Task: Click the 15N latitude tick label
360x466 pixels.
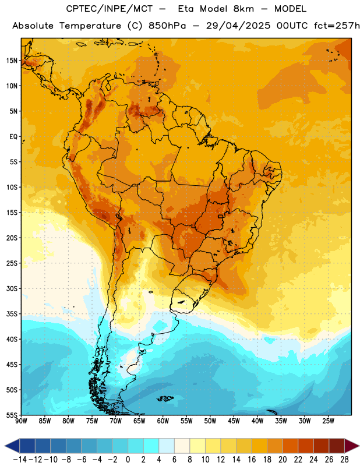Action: pyautogui.click(x=12, y=61)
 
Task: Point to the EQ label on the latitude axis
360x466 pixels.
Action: pyautogui.click(x=13, y=137)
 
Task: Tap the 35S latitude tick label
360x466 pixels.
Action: pyautogui.click(x=12, y=314)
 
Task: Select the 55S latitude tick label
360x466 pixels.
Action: pyautogui.click(x=12, y=415)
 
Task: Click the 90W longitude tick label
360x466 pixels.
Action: pyautogui.click(x=21, y=421)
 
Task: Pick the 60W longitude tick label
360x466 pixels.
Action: pyautogui.click(x=163, y=421)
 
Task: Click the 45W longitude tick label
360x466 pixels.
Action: pyautogui.click(x=234, y=421)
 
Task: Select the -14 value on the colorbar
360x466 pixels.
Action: pyautogui.click(x=20, y=460)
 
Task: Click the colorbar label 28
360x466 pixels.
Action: pyautogui.click(x=344, y=460)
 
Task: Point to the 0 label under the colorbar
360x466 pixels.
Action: pyautogui.click(x=128, y=460)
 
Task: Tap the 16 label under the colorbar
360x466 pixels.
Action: pyautogui.click(x=252, y=460)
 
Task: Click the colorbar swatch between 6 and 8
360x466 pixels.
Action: pyautogui.click(x=182, y=446)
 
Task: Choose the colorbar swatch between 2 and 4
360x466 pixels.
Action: pyautogui.click(x=151, y=446)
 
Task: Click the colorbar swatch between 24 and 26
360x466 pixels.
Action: pyautogui.click(x=322, y=446)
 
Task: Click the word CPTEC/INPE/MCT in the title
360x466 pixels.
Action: pyautogui.click(x=109, y=9)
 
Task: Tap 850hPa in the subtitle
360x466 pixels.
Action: pyautogui.click(x=167, y=26)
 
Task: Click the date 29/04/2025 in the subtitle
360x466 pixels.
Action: pyautogui.click(x=238, y=26)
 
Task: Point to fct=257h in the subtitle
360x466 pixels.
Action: pyautogui.click(x=337, y=26)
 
